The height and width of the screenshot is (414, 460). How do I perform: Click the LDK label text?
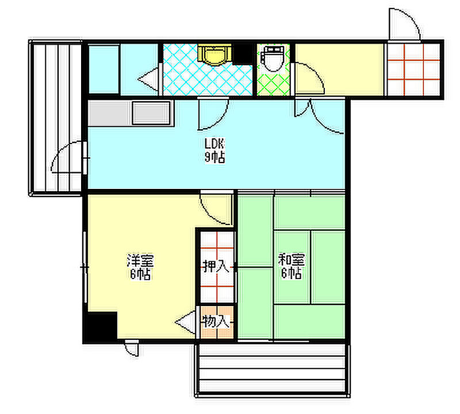[x=214, y=144]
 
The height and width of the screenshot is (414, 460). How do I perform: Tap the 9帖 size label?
[x=214, y=157]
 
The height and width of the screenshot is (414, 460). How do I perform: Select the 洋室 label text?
[x=140, y=260]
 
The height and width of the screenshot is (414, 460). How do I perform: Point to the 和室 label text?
[x=292, y=260]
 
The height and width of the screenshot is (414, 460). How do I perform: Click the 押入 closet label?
[x=216, y=266]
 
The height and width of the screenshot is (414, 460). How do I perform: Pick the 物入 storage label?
[x=216, y=322]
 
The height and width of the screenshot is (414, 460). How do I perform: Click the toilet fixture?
[x=273, y=59]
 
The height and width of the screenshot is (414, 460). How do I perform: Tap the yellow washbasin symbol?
[x=214, y=55]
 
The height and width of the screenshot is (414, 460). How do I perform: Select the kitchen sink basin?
[x=151, y=113]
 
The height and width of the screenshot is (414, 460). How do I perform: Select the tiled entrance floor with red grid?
[x=413, y=69]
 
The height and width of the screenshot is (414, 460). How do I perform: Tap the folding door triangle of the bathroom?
[x=148, y=79]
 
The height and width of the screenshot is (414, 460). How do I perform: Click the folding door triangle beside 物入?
[x=185, y=322]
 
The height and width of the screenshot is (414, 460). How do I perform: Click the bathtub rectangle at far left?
[x=103, y=69]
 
